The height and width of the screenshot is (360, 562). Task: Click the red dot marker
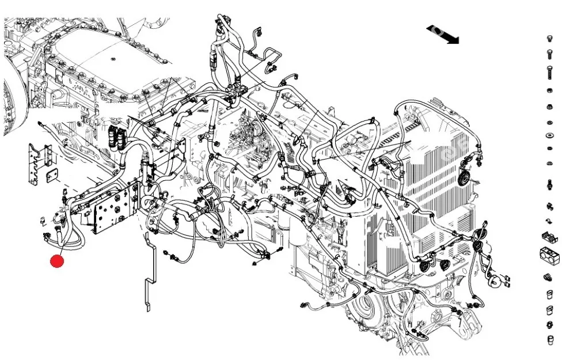coord(57,262)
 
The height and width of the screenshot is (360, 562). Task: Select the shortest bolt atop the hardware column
coord(549,39)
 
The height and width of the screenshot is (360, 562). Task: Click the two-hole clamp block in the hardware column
coord(549,252)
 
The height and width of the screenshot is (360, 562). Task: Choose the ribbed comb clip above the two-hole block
coord(549,236)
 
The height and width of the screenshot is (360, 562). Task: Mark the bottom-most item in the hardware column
coord(549,340)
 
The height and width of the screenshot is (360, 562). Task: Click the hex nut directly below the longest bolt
coord(549,92)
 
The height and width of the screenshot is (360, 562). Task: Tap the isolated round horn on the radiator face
coord(463,177)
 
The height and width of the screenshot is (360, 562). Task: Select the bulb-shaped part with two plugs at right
coord(496,281)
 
